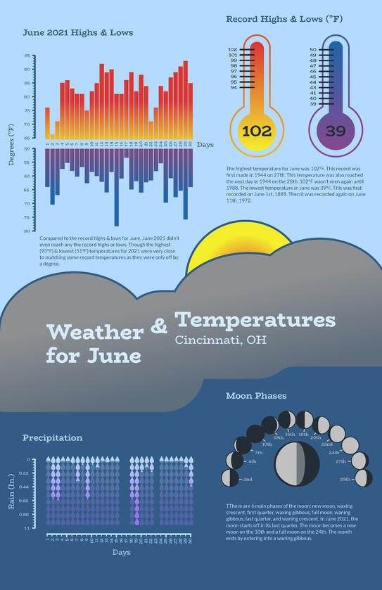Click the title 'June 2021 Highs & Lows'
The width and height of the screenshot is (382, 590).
click(77, 32)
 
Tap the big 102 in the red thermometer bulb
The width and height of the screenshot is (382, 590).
click(256, 131)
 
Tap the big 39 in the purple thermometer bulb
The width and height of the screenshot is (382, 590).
click(336, 131)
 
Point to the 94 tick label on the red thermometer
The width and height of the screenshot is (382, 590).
click(234, 87)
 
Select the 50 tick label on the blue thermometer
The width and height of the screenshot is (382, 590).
click(313, 50)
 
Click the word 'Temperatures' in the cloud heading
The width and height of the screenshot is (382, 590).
click(255, 320)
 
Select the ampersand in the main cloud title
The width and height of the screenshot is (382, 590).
click(160, 326)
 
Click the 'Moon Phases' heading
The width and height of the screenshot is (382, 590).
click(256, 396)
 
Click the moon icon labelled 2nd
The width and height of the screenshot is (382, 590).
click(230, 478)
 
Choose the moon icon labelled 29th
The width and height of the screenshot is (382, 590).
click(364, 478)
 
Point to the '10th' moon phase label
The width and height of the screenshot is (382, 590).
click(267, 444)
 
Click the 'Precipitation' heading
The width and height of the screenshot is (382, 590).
click(52, 437)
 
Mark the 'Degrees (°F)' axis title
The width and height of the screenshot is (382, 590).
click(11, 144)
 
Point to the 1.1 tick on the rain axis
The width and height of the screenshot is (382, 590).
click(27, 527)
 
